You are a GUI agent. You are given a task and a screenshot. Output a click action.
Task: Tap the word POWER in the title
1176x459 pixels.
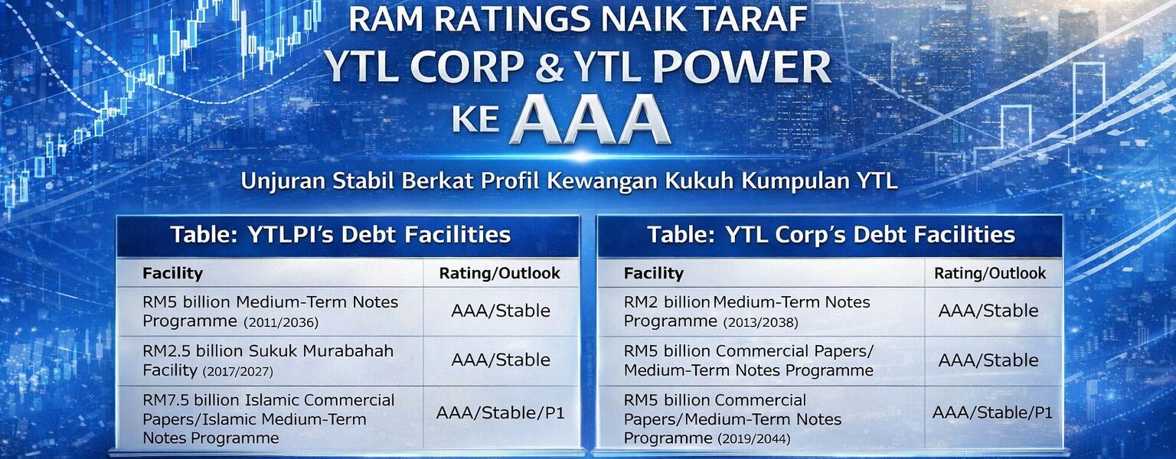(x=741, y=67)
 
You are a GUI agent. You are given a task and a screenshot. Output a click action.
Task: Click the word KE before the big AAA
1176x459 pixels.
(x=475, y=119)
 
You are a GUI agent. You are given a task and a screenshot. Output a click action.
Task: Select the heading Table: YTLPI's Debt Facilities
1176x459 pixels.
(x=341, y=235)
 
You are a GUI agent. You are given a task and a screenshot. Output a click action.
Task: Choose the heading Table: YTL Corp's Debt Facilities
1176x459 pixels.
(x=831, y=235)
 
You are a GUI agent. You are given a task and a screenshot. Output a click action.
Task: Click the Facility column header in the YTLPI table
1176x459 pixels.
(x=172, y=273)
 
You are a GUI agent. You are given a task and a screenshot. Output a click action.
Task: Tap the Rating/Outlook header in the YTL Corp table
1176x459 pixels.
(x=990, y=273)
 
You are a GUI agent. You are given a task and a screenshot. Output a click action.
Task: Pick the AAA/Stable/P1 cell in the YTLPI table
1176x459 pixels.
(x=500, y=413)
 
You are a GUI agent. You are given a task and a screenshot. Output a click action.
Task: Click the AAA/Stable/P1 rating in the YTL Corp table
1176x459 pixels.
(x=993, y=413)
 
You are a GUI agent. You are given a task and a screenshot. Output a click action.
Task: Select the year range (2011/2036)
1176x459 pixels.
(x=281, y=322)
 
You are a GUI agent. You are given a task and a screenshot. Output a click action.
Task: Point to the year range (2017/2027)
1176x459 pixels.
(x=238, y=371)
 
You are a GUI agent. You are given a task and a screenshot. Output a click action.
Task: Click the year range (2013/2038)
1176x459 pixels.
(x=760, y=322)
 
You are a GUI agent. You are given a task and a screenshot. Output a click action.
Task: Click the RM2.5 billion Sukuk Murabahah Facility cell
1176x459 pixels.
(x=268, y=361)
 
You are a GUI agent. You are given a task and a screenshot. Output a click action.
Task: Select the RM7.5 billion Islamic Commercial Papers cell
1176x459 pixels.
(x=268, y=419)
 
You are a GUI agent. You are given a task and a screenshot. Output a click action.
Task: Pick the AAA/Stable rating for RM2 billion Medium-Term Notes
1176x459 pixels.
(x=988, y=311)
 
